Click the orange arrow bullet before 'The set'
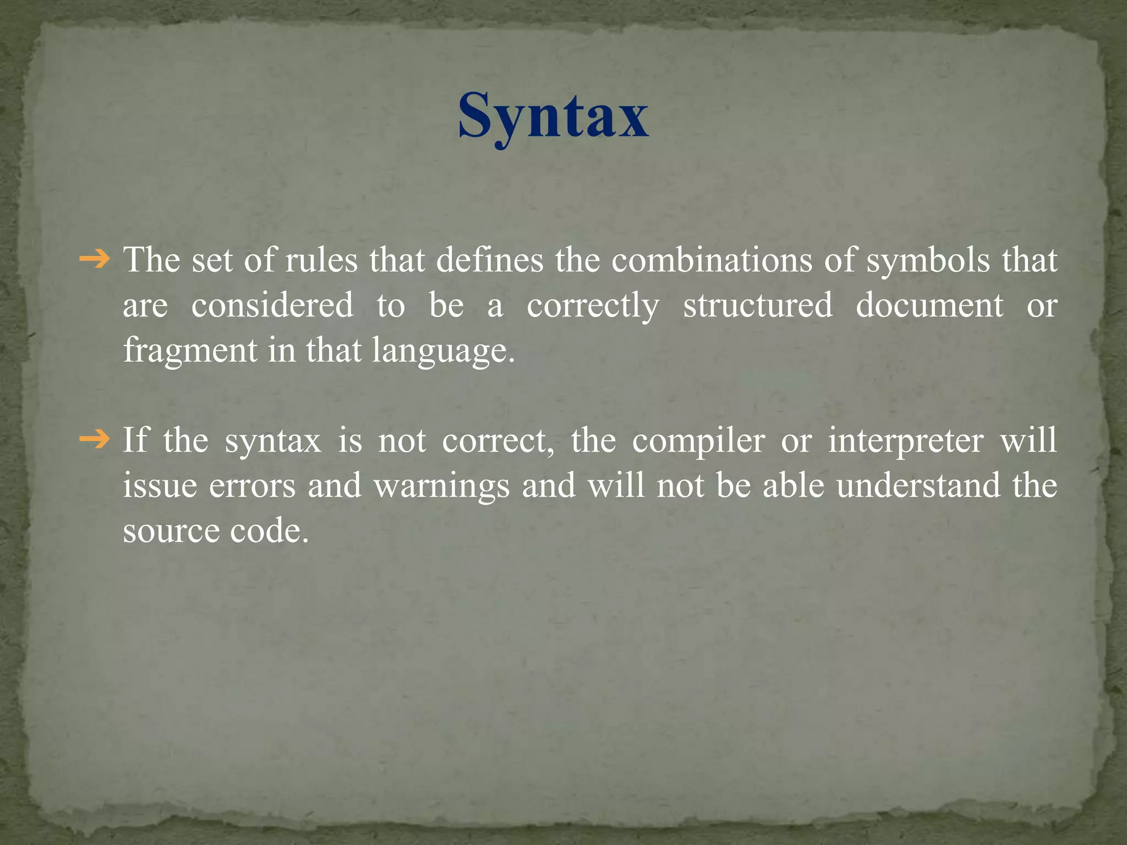click(95, 259)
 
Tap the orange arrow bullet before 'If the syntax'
click(95, 440)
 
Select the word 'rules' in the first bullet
click(322, 260)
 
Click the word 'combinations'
click(712, 260)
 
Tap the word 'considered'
click(272, 305)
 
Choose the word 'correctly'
click(593, 306)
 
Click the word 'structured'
click(758, 305)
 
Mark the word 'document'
click(929, 305)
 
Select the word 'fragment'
click(190, 351)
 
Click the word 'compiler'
click(698, 441)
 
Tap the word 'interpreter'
click(906, 441)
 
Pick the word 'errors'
click(252, 486)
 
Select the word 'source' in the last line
click(171, 531)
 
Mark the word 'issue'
click(160, 486)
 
